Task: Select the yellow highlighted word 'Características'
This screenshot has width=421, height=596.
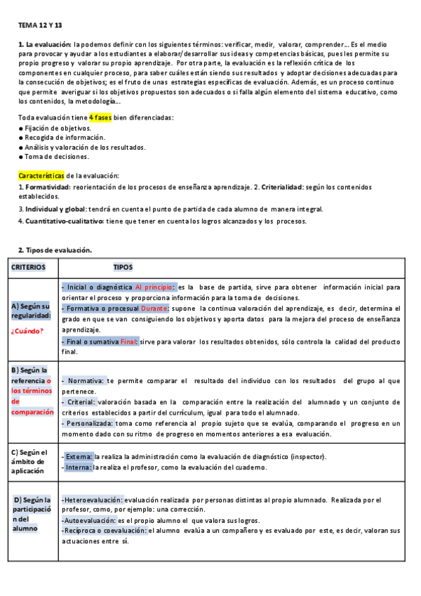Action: pos(41,175)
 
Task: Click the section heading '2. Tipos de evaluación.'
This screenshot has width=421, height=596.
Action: pos(55,250)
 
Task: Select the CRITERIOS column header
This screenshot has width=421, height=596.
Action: pos(28,267)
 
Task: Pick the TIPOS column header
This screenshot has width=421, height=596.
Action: pos(123,267)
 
